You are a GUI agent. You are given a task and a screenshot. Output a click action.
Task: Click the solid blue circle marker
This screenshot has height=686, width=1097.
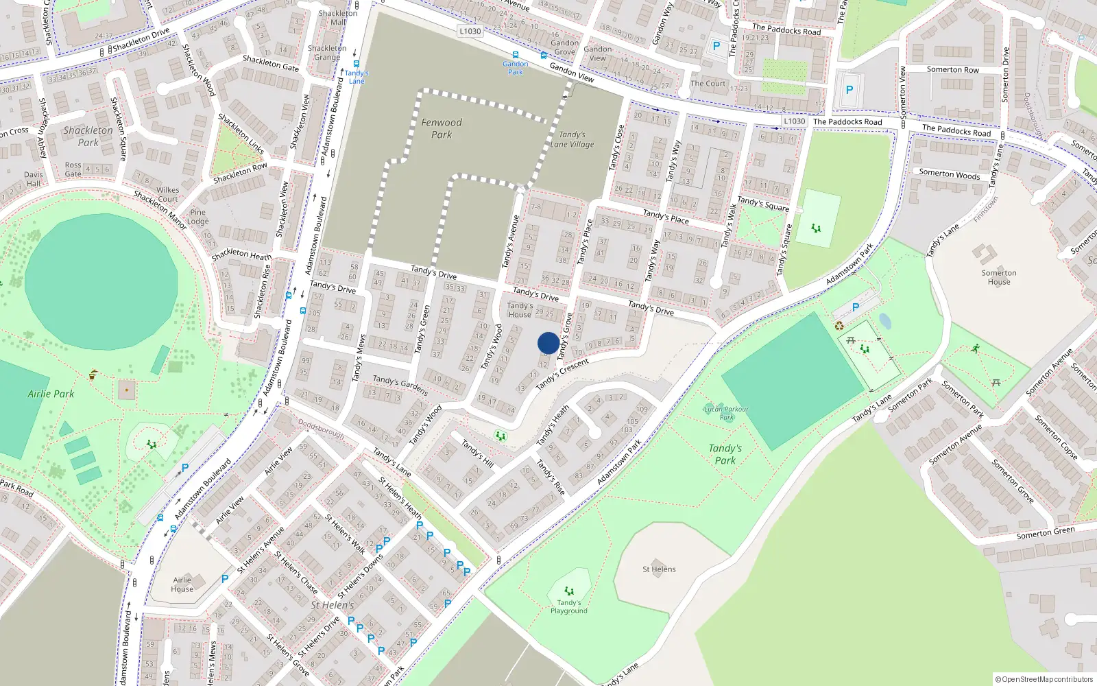(x=548, y=343)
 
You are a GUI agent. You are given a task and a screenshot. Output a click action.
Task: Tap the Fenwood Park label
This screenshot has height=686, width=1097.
(x=442, y=128)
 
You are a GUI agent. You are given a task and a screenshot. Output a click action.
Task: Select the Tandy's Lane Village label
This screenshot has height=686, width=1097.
(x=572, y=139)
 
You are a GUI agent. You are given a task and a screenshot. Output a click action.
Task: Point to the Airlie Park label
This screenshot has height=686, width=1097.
(x=51, y=394)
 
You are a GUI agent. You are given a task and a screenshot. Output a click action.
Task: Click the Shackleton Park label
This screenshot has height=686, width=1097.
(x=88, y=136)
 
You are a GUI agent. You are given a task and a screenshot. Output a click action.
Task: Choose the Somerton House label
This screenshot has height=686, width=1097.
(x=999, y=277)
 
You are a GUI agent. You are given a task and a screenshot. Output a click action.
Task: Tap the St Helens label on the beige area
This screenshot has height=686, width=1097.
(x=659, y=569)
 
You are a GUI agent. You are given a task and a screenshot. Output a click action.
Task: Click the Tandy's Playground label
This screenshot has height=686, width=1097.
(x=569, y=607)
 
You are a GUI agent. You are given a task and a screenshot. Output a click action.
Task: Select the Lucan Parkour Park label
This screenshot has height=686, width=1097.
(x=727, y=413)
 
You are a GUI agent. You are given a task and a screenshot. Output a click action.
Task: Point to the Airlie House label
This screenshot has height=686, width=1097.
(x=182, y=584)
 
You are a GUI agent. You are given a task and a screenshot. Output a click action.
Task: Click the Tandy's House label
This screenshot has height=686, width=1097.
(x=520, y=310)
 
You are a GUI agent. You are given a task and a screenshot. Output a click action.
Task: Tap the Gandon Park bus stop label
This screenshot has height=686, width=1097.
(x=515, y=68)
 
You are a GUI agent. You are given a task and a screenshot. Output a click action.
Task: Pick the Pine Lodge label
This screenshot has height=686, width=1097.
(x=198, y=217)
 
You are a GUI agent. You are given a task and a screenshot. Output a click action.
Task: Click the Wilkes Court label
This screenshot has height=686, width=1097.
(x=168, y=195)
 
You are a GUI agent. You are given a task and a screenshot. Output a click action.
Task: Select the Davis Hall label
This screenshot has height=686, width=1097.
(x=34, y=179)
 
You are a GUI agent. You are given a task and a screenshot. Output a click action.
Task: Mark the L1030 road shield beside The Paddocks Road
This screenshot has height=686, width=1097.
(x=795, y=121)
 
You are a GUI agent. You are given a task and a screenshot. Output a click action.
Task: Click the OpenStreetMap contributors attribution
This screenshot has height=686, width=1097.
(x=1044, y=679)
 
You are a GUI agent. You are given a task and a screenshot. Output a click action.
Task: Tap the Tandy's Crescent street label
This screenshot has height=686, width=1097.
(x=562, y=374)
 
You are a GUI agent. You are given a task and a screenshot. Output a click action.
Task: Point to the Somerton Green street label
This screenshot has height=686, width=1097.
(x=1046, y=533)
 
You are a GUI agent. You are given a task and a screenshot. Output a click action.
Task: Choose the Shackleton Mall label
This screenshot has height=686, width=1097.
(x=338, y=18)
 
